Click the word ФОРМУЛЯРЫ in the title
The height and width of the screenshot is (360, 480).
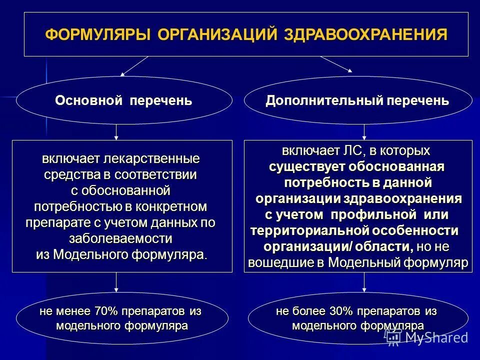point(98,34)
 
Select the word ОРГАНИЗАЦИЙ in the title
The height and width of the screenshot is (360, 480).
point(217,34)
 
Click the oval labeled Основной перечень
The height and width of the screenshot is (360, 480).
point(123,100)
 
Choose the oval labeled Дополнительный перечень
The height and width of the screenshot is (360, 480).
point(357,100)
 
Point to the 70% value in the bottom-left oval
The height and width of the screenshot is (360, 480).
point(105,311)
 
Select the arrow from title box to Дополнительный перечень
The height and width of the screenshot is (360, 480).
point(336,64)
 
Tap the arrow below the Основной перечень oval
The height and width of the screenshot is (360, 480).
point(116,132)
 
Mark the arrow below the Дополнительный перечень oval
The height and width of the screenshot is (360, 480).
point(364,132)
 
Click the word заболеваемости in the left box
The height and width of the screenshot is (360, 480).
point(120,238)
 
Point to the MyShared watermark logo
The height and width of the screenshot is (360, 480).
point(428,337)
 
